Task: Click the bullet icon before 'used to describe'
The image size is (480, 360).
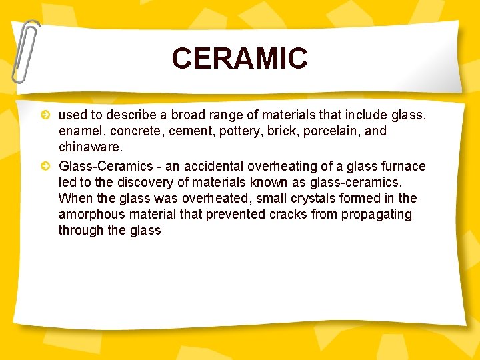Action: tap(45, 115)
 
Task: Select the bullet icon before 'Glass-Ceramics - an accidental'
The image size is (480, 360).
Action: tap(45, 166)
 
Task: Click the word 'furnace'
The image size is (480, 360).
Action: tap(403, 165)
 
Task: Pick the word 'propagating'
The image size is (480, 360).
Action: tap(377, 214)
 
